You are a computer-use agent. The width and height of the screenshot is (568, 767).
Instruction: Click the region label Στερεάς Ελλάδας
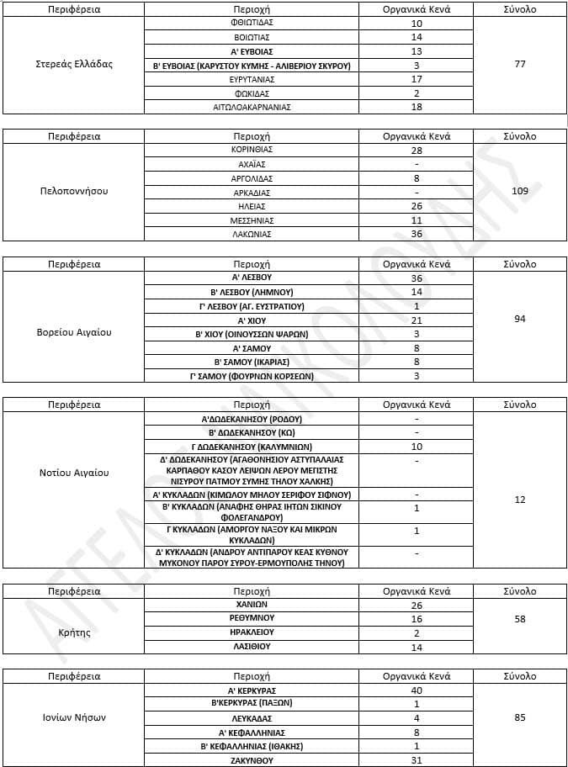coord(74,65)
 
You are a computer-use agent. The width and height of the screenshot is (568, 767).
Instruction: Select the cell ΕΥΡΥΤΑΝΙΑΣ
coord(252,79)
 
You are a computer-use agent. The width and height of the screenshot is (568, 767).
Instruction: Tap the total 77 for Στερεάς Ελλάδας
coord(519,65)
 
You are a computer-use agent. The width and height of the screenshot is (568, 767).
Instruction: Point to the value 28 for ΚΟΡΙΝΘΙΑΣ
coord(417,150)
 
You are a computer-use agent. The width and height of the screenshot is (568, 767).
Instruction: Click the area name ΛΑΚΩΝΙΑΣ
coord(252,235)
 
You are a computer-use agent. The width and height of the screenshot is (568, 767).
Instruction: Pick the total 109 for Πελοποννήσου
coord(519,192)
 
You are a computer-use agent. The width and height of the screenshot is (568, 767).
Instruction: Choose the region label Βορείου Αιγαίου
coord(74,332)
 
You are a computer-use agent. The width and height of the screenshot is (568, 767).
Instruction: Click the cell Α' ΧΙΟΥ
coord(252,320)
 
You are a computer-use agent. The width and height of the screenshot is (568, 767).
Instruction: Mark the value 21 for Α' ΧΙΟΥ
coord(417,320)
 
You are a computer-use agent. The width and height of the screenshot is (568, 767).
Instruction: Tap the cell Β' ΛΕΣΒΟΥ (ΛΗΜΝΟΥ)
coord(252,292)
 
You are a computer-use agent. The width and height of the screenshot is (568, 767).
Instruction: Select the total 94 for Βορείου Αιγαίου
coord(519,320)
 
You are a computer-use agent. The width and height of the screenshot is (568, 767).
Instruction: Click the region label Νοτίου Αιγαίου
coord(74,473)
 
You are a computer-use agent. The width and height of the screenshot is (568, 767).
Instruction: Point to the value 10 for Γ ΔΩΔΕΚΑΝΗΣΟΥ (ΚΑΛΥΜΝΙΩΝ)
coord(417,447)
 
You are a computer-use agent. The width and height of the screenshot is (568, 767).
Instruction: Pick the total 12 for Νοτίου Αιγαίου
coord(519,500)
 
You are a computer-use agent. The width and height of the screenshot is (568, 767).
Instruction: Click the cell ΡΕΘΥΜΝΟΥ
coord(252,618)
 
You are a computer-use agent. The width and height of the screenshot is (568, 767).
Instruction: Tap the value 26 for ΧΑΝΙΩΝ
coord(417,605)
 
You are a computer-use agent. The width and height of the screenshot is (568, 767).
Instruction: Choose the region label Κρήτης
coord(74,632)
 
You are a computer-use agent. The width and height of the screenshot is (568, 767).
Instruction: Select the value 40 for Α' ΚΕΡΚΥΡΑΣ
coord(417,690)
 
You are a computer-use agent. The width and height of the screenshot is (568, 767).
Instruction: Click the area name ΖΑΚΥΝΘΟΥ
coord(252,760)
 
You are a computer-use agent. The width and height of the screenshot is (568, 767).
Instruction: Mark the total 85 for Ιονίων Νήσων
coord(519,717)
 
